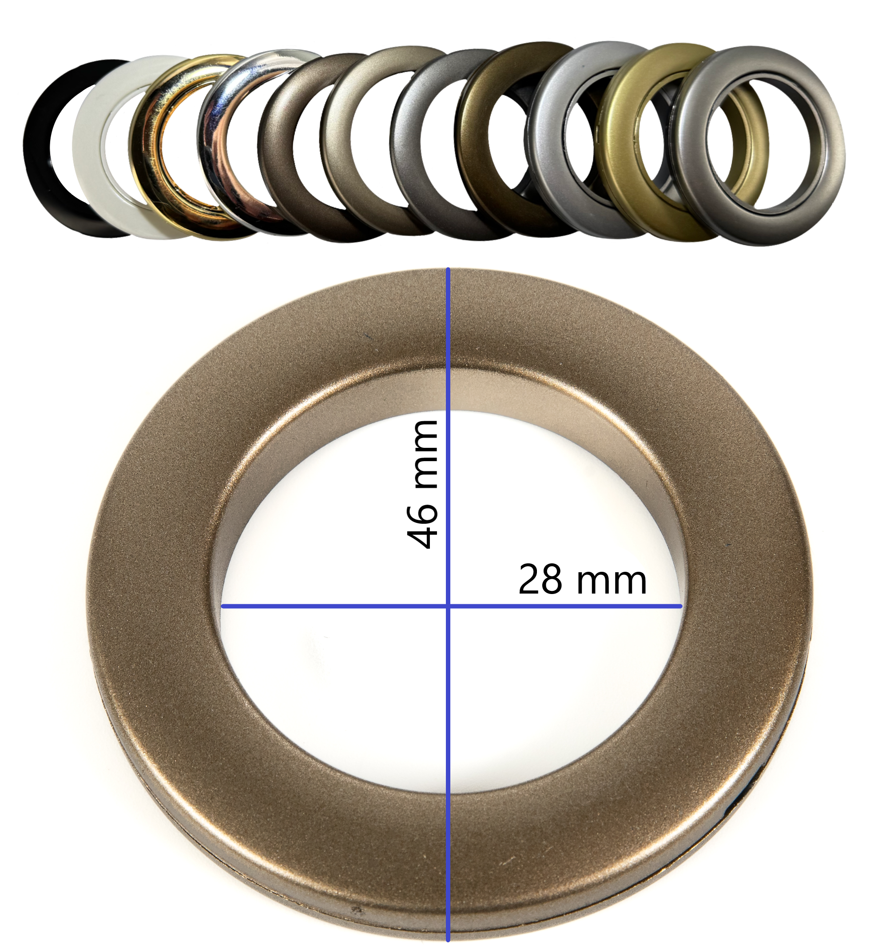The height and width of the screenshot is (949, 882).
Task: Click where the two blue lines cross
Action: tap(448, 606)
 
